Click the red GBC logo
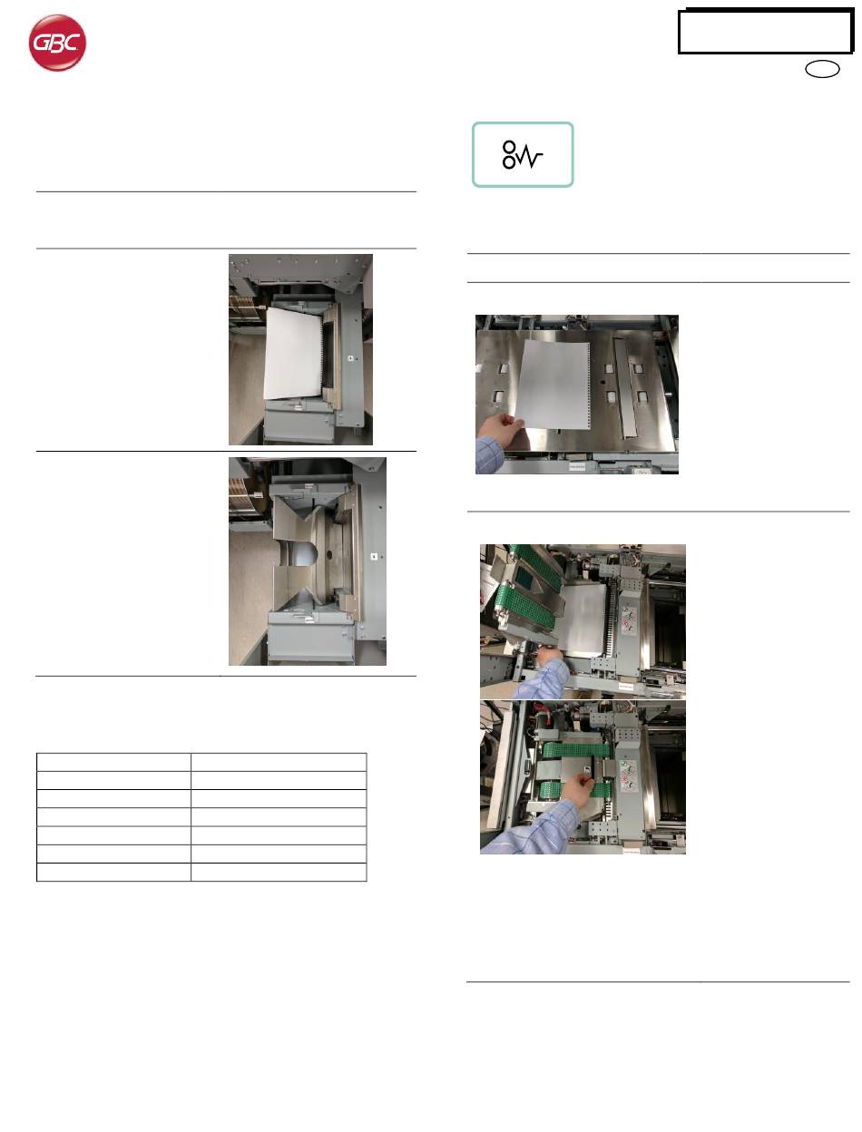click(x=57, y=43)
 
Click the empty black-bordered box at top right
click(x=765, y=31)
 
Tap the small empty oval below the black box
click(x=822, y=69)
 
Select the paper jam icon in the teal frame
click(x=522, y=155)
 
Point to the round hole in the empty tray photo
click(x=329, y=555)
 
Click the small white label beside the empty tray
click(x=374, y=556)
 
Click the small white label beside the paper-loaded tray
click(x=350, y=358)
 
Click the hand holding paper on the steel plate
click(x=500, y=431)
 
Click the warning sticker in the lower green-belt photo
click(x=628, y=776)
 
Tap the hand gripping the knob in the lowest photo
click(x=578, y=792)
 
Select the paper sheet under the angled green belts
click(x=583, y=620)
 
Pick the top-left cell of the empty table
click(x=113, y=762)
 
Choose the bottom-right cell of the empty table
click(x=279, y=872)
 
